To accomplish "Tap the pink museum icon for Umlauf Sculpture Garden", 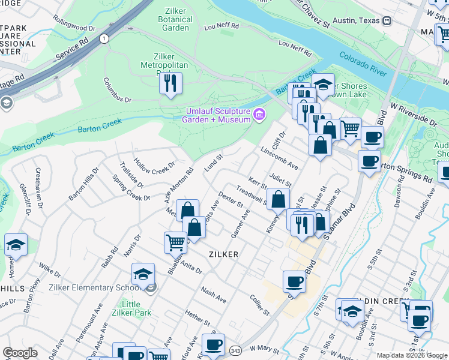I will tap(259, 114).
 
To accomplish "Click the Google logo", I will tap(20, 353).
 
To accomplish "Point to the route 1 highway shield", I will tap(104, 38).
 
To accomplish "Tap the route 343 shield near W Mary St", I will tap(236, 349).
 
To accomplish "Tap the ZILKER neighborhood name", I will tap(223, 254).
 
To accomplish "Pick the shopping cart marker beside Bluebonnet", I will tap(175, 242).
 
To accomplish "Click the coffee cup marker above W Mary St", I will tap(213, 344).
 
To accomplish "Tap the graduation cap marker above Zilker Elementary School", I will tap(143, 274).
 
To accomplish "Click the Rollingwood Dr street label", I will tap(75, 28).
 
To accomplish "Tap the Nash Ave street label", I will tap(213, 295).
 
